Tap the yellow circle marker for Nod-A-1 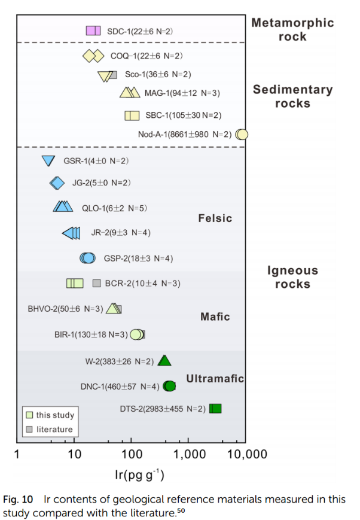click(x=242, y=135)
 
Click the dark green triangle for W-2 click(x=164, y=360)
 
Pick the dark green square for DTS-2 click(x=215, y=409)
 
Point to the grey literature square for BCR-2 click(x=97, y=284)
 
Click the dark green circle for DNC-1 click(x=169, y=386)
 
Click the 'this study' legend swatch click(x=29, y=415)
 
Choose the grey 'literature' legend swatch click(x=29, y=429)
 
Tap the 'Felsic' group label click(x=215, y=218)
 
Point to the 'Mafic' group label click(x=215, y=317)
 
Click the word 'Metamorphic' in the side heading click(x=292, y=23)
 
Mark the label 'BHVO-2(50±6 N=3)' click(x=65, y=309)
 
